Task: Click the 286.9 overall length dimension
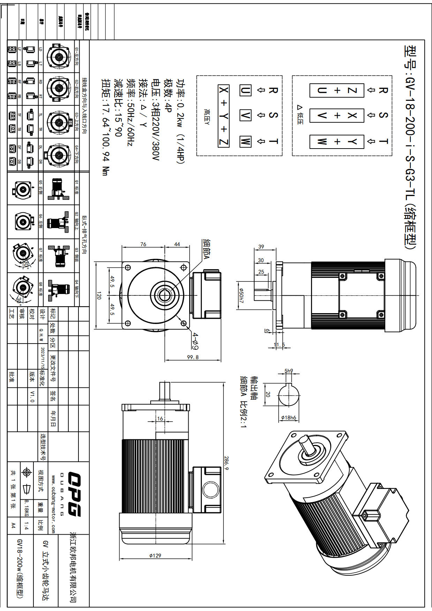(x=226, y=463)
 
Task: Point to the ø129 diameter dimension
(x=155, y=555)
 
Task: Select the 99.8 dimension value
(x=192, y=357)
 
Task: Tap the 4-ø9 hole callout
(x=196, y=341)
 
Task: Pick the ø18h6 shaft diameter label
(x=289, y=417)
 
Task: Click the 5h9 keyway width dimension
(x=289, y=371)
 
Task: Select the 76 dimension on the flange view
(x=143, y=244)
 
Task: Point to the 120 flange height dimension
(x=98, y=296)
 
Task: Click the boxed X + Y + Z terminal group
(x=223, y=116)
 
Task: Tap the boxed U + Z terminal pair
(x=337, y=90)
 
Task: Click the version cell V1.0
(x=32, y=397)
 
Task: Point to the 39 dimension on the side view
(x=261, y=247)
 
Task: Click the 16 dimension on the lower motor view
(x=160, y=418)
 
